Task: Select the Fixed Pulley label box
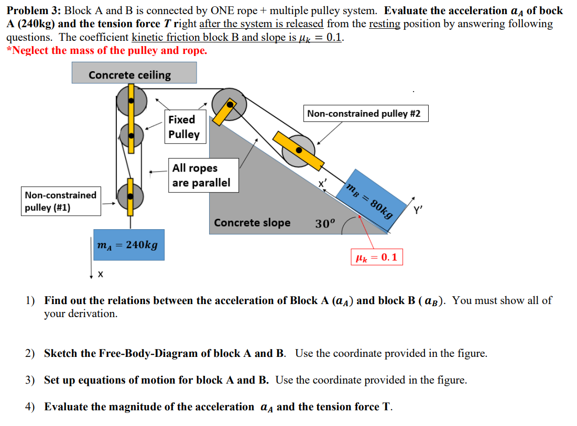point(184,127)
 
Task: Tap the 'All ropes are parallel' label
point(202,175)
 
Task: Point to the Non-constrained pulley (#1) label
point(61,201)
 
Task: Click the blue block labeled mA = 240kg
point(128,245)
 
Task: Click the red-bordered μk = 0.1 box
point(377,257)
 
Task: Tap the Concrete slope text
point(252,222)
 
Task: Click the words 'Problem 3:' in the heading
point(32,11)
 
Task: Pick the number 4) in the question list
point(31,407)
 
